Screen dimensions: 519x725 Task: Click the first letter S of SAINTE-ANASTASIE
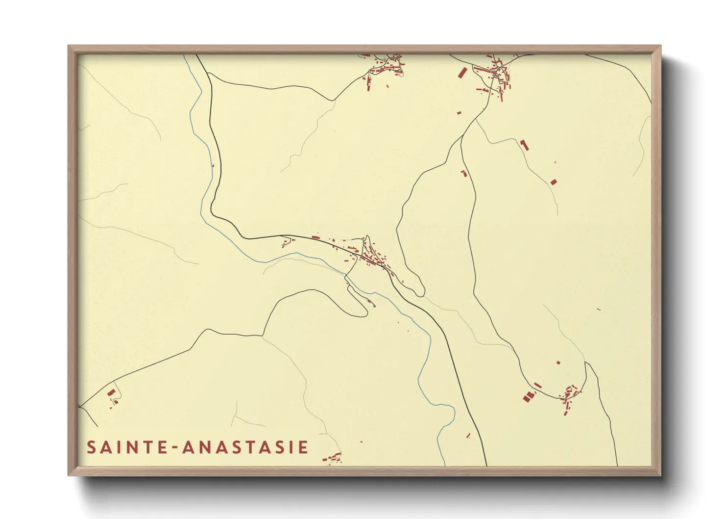(92, 447)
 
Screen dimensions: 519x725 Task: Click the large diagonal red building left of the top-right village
(462, 73)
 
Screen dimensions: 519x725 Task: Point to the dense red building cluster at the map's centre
(375, 258)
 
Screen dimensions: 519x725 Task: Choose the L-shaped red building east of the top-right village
(525, 145)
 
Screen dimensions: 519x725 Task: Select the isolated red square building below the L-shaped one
(554, 182)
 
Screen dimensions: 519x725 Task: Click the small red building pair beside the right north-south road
(463, 173)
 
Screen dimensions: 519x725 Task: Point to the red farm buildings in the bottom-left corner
(112, 395)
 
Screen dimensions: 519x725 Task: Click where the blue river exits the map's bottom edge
(444, 465)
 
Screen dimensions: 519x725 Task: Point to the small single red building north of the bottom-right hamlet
(558, 363)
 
